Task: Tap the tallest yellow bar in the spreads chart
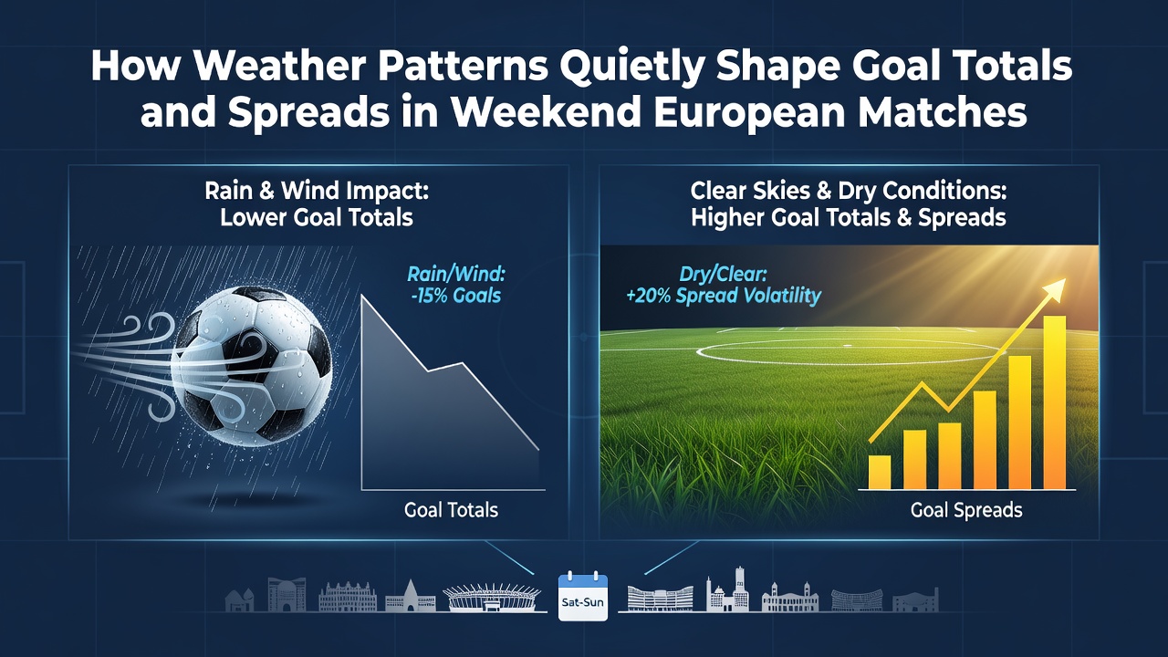click(x=1054, y=402)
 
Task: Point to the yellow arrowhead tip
click(x=1066, y=279)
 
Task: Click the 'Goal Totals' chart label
click(x=451, y=509)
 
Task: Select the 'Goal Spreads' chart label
click(x=966, y=509)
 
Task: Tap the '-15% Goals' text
click(x=455, y=296)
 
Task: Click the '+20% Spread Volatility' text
click(x=724, y=296)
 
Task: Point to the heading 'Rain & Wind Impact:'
click(x=317, y=191)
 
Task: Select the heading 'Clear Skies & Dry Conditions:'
click(x=849, y=191)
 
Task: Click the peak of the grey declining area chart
click(x=363, y=296)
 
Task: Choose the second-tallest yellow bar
click(x=1019, y=422)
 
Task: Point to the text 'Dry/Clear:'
click(x=724, y=275)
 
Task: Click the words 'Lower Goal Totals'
click(x=317, y=217)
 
